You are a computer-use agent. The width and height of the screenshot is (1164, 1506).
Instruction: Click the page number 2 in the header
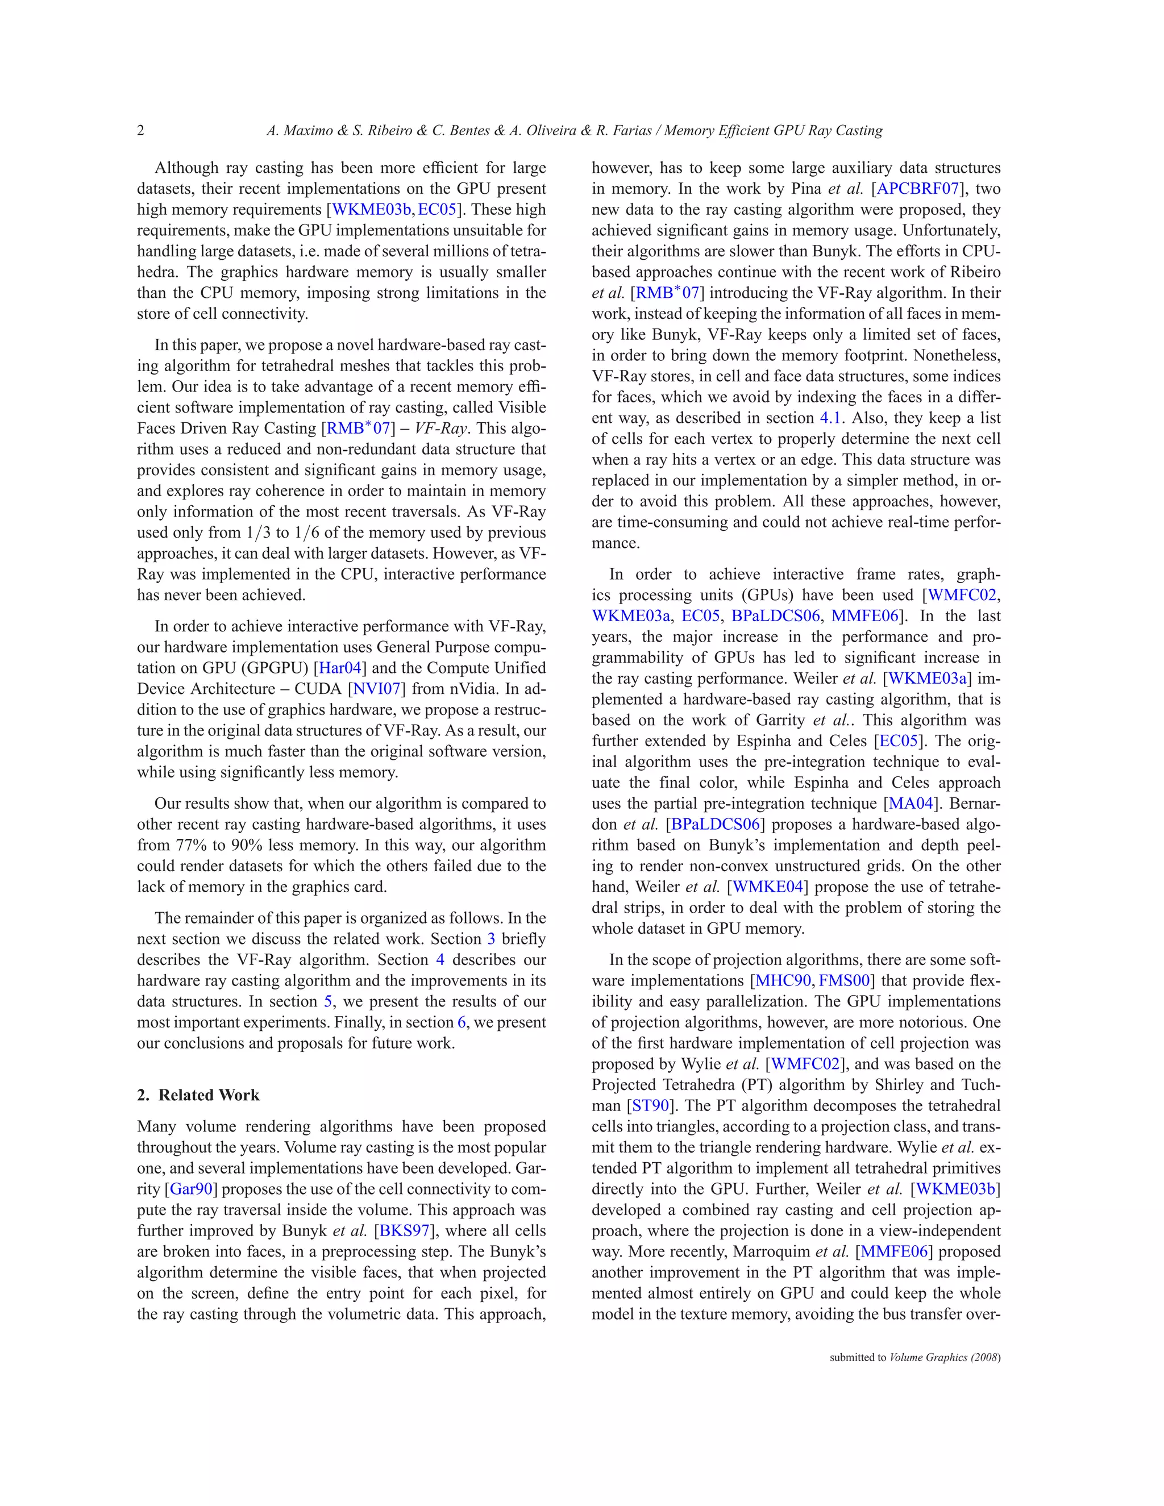tap(141, 130)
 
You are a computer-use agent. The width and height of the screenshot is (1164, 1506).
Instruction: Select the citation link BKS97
tap(405, 1231)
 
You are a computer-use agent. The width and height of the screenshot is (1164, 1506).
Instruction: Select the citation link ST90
tap(650, 1105)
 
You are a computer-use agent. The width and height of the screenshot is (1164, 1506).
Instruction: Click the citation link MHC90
tap(783, 980)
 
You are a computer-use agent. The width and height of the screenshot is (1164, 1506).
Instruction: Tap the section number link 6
tap(462, 1022)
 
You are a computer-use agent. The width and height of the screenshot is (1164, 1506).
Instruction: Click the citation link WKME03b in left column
tap(372, 210)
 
